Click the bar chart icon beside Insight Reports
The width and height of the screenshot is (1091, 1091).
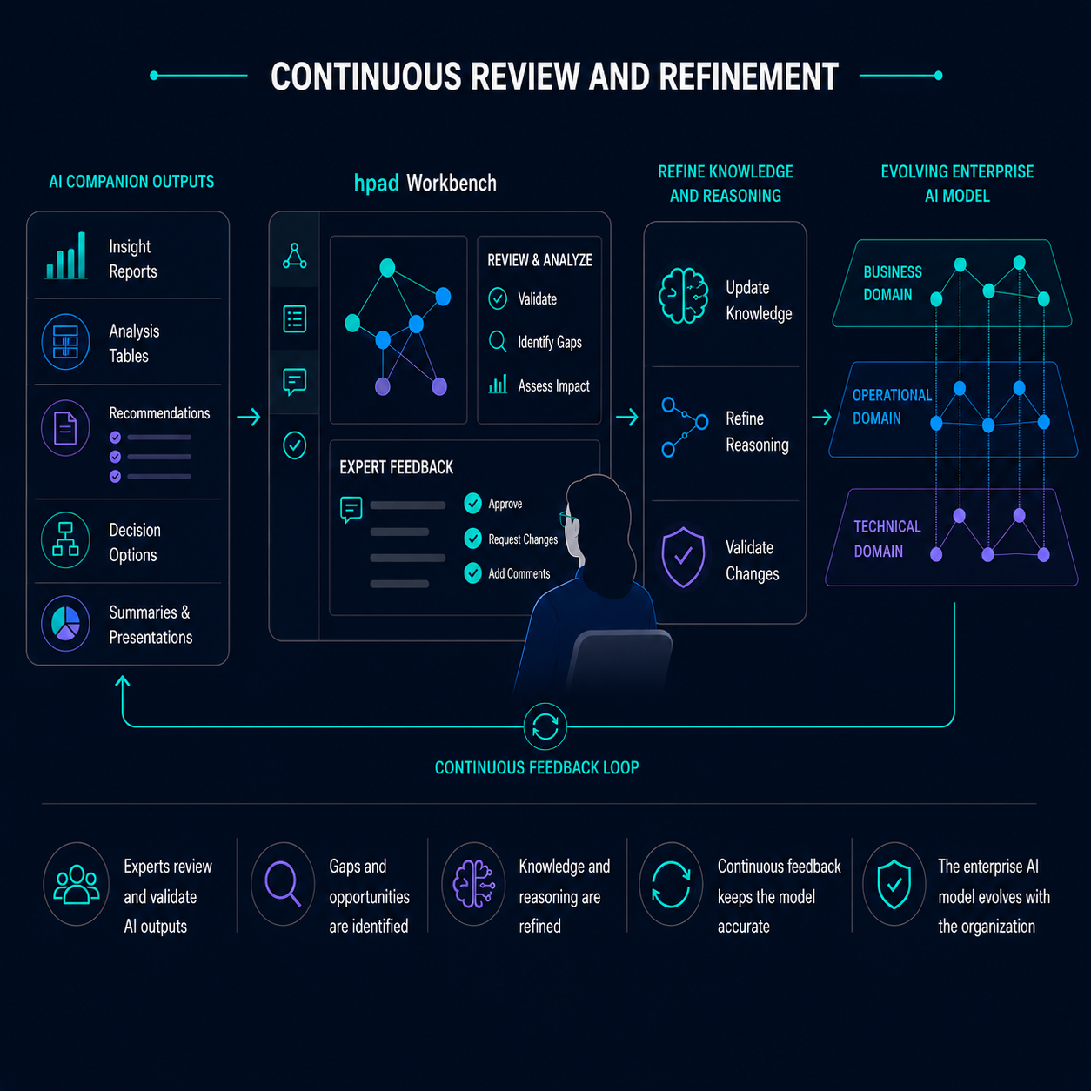pyautogui.click(x=66, y=256)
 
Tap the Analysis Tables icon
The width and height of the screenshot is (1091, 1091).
pyautogui.click(x=65, y=342)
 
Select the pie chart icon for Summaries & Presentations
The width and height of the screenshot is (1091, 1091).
pyautogui.click(x=65, y=623)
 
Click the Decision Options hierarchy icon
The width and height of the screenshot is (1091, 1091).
pyautogui.click(x=65, y=539)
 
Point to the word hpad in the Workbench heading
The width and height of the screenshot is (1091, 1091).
pyautogui.click(x=377, y=184)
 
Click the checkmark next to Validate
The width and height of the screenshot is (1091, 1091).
pyautogui.click(x=498, y=298)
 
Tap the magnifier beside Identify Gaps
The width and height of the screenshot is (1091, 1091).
pyautogui.click(x=498, y=341)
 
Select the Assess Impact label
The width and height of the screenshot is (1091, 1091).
pyautogui.click(x=553, y=386)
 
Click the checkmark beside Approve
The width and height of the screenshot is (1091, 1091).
pyautogui.click(x=472, y=503)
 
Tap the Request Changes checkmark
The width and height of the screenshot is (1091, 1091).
pyautogui.click(x=472, y=538)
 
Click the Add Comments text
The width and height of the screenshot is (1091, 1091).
pyautogui.click(x=519, y=573)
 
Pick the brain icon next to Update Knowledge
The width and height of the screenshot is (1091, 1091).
pyautogui.click(x=683, y=296)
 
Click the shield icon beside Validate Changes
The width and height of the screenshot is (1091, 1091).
pyautogui.click(x=683, y=557)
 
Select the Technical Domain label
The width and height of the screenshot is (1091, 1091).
pyautogui.click(x=887, y=539)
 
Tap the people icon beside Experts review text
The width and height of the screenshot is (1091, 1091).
pyautogui.click(x=77, y=884)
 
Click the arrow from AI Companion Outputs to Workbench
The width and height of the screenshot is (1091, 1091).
pyautogui.click(x=249, y=418)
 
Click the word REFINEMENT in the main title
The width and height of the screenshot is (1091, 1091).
pyautogui.click(x=748, y=77)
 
